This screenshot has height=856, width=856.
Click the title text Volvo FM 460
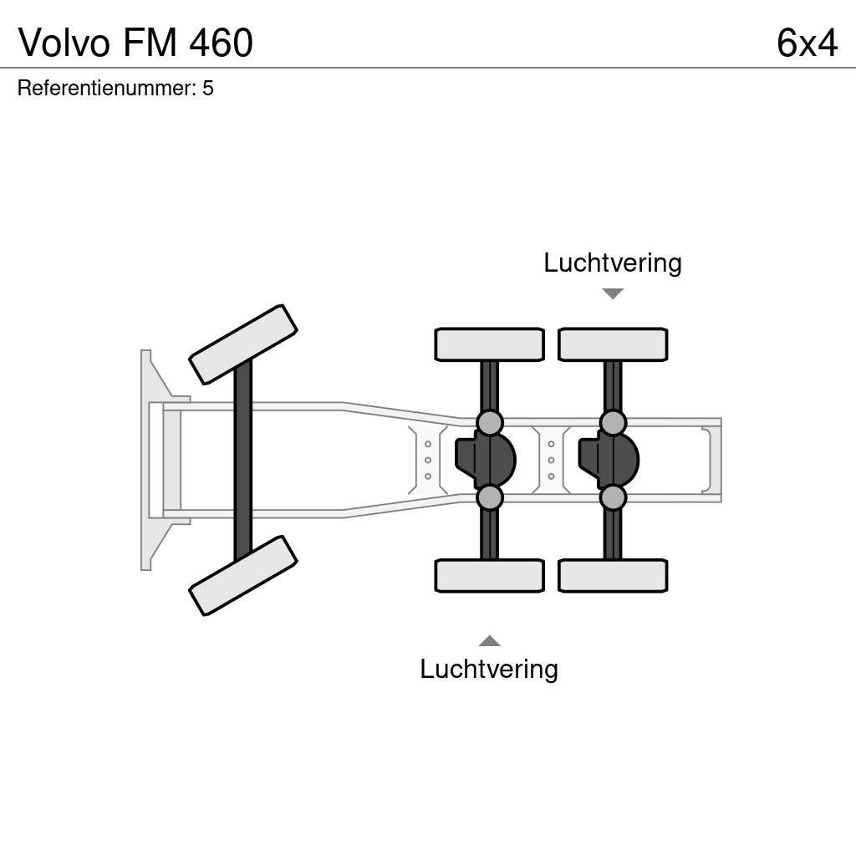[135, 43]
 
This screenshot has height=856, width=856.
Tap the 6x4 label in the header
[807, 43]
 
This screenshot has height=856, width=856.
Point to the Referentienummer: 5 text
[115, 88]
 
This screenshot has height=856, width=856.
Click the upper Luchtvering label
[612, 262]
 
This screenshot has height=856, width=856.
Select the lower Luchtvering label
[488, 669]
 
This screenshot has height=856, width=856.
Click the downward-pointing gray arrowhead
[613, 293]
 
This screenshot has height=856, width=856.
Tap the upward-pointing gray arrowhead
[489, 641]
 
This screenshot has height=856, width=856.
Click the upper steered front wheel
[243, 344]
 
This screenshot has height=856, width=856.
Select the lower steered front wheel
[243, 575]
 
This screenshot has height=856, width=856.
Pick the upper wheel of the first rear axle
[489, 344]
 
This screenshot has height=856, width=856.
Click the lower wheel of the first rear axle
[489, 575]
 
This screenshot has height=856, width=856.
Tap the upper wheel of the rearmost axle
[613, 344]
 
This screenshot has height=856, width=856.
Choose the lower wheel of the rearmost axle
[613, 575]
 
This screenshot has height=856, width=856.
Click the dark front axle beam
[243, 460]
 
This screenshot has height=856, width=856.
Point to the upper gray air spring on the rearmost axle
[613, 422]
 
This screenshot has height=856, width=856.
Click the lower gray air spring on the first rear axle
[489, 497]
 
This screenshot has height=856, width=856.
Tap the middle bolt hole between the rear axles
[551, 460]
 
